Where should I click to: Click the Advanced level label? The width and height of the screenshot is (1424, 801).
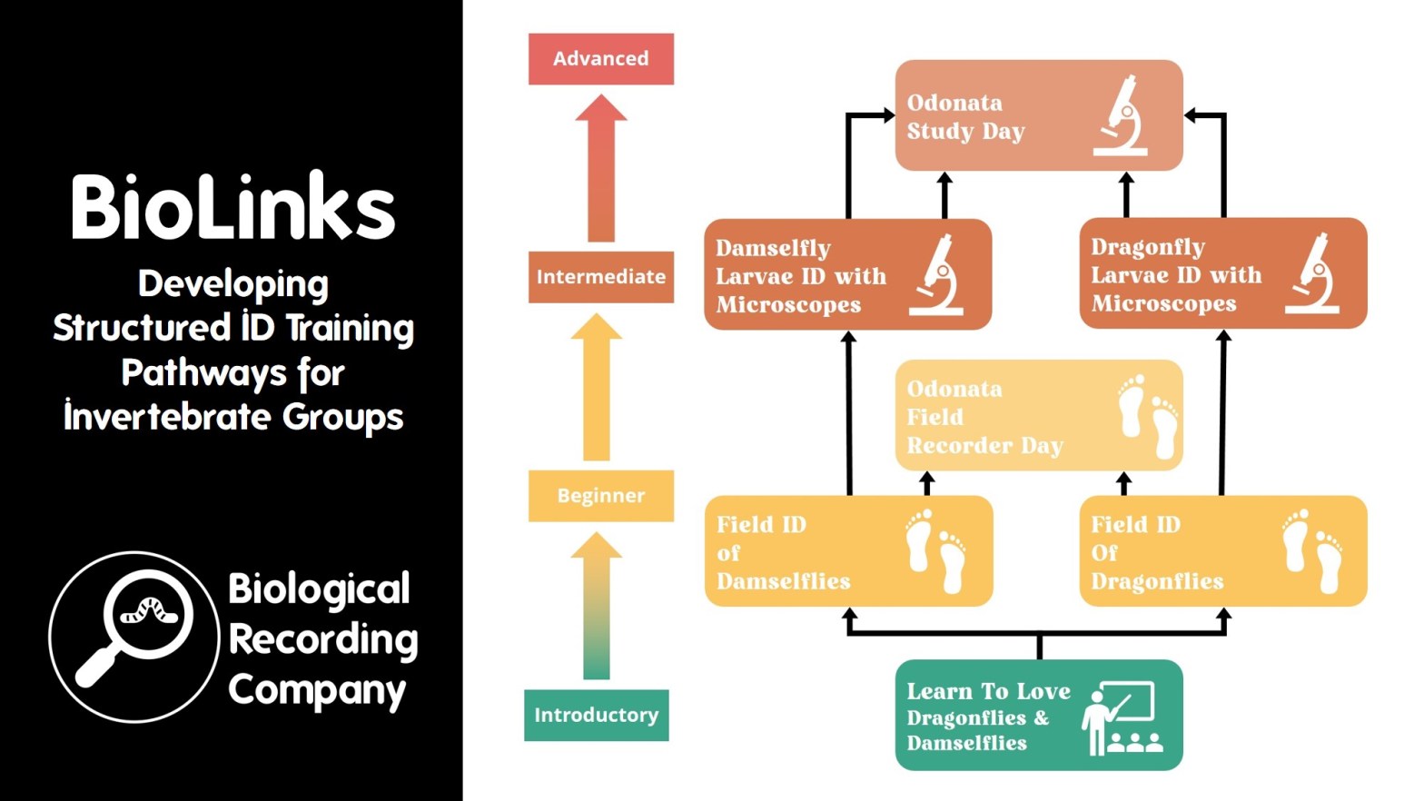pyautogui.click(x=600, y=59)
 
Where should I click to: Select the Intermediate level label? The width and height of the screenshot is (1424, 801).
pyautogui.click(x=600, y=277)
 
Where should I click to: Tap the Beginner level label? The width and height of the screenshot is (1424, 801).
pyautogui.click(x=600, y=496)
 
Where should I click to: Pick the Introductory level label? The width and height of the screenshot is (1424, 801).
pyautogui.click(x=596, y=716)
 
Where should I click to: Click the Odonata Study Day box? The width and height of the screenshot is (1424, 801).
pyautogui.click(x=999, y=116)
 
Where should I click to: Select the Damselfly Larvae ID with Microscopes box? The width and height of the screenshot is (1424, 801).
pyautogui.click(x=817, y=275)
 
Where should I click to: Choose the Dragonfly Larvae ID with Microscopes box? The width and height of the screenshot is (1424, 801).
pyautogui.click(x=1190, y=274)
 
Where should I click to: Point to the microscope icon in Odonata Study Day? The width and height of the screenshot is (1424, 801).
pyautogui.click(x=1122, y=115)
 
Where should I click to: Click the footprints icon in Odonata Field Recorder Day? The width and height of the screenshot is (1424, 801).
pyautogui.click(x=1149, y=417)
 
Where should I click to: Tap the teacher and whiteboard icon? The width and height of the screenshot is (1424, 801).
pyautogui.click(x=1122, y=717)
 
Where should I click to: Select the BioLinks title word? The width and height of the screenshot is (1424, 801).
pyautogui.click(x=232, y=208)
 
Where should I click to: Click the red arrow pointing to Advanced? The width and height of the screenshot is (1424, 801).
pyautogui.click(x=600, y=168)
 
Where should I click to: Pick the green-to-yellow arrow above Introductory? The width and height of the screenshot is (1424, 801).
pyautogui.click(x=596, y=606)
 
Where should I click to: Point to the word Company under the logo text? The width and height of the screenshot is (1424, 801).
pyautogui.click(x=316, y=690)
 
